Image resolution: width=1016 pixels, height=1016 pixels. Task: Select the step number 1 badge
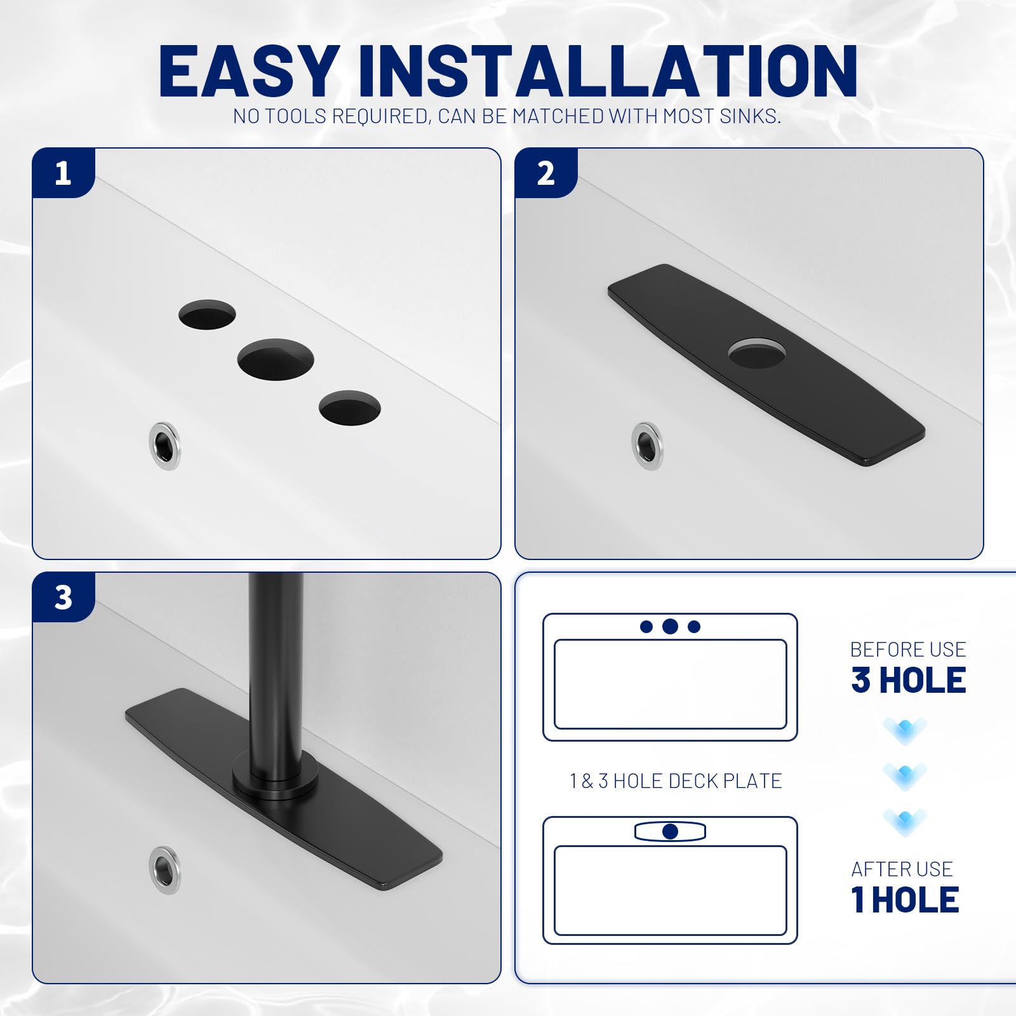63,173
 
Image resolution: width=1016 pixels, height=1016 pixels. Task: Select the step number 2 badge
545,173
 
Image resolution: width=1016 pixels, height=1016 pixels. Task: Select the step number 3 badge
63,597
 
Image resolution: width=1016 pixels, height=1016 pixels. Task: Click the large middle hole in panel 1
276,360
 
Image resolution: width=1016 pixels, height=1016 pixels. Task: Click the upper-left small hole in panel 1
207,314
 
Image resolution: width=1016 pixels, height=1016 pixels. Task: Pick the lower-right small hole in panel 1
349,408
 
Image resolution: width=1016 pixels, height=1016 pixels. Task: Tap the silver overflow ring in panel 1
164,446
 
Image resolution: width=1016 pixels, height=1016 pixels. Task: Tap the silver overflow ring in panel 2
647,446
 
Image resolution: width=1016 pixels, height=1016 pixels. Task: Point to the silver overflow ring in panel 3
164,869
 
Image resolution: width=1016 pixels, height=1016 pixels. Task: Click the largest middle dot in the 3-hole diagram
670,627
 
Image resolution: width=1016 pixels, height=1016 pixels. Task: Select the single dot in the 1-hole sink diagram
670,831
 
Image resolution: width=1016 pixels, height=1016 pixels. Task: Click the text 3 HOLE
908,680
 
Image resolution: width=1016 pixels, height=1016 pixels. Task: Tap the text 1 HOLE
905,900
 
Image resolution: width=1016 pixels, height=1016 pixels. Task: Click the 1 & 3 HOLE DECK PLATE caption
676,781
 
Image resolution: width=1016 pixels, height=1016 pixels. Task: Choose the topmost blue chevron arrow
905,730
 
